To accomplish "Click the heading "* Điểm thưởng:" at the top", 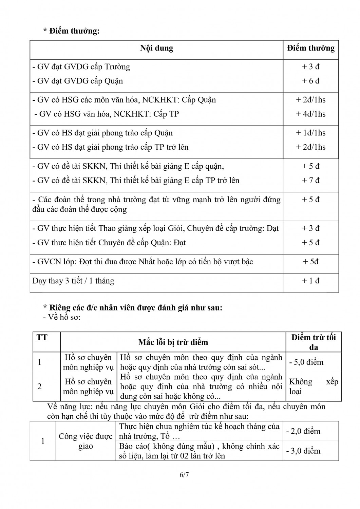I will [71, 31].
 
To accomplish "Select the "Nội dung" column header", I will [156, 48].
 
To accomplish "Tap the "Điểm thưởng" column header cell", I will [310, 48].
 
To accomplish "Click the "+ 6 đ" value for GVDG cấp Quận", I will [310, 81].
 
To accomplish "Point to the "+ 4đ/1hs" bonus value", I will [310, 114].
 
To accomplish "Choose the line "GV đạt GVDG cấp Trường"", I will [81, 67].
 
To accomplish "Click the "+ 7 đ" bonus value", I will [310, 180].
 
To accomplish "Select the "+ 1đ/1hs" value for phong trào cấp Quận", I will [310, 133].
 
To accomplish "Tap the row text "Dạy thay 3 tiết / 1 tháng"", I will [73, 281].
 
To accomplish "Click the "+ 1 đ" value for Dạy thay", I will [310, 281].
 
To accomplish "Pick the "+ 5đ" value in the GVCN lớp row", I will [310, 262].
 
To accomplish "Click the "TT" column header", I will [42, 338].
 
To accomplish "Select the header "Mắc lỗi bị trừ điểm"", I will [173, 342].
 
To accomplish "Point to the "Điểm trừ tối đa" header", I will [314, 342].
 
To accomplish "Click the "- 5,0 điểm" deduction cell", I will [306, 362].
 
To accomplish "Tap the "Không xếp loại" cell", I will [314, 387].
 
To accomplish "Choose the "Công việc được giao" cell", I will [86, 441].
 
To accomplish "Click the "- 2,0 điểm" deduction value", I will [303, 431].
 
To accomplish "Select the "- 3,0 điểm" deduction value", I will [303, 451].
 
